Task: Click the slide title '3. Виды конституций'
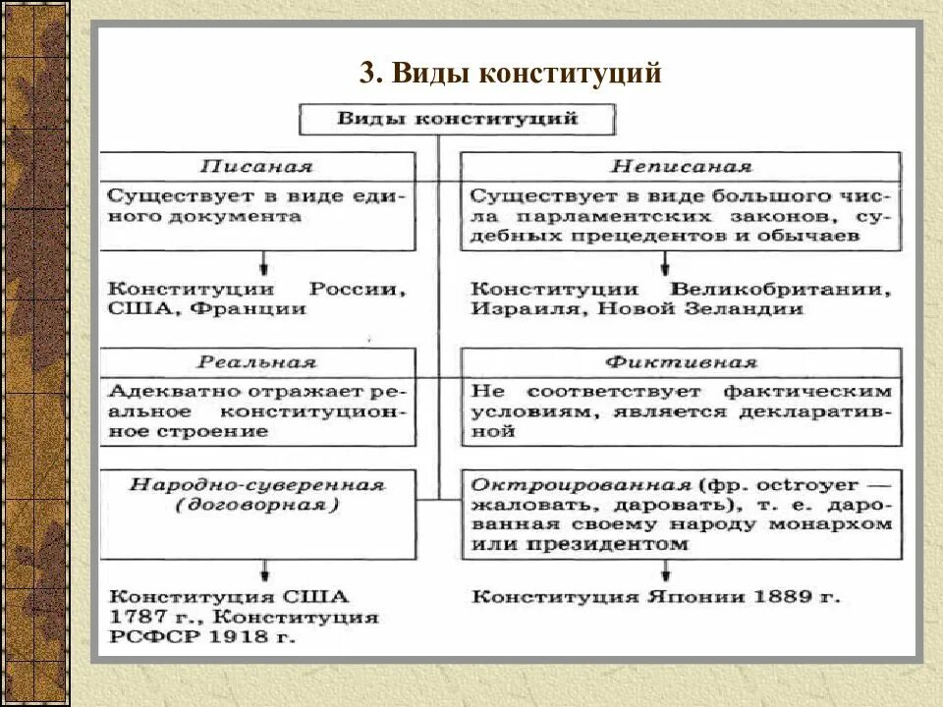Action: tap(510, 73)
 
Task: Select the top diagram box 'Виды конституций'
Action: tap(457, 120)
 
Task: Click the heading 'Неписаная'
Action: tap(681, 167)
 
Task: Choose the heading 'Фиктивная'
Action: tap(681, 361)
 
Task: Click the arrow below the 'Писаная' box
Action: tap(264, 262)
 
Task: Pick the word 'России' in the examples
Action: tap(358, 291)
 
